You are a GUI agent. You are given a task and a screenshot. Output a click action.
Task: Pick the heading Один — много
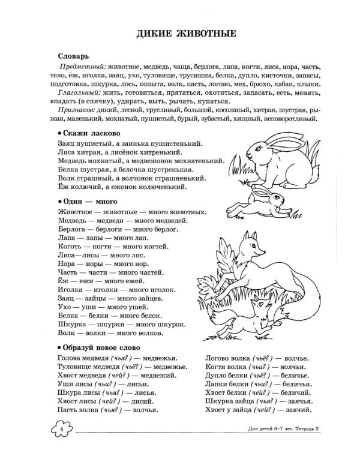pyautogui.click(x=87, y=201)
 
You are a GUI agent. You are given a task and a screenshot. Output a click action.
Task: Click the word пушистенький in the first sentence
pyautogui.click(x=174, y=144)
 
